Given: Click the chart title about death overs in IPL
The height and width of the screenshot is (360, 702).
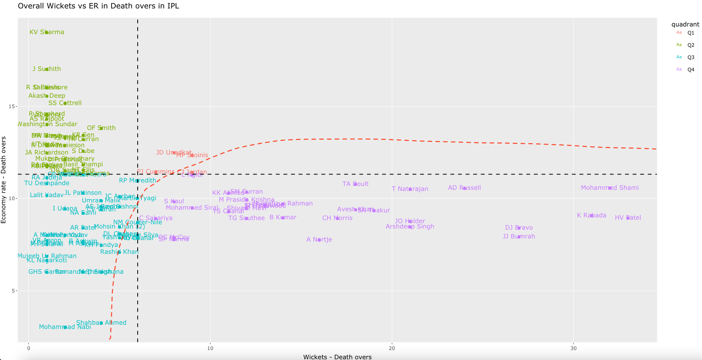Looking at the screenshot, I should (98, 6).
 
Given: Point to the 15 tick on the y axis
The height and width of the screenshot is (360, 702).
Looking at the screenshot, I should (11, 106).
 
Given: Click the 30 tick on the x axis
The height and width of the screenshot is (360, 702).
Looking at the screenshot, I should (573, 348).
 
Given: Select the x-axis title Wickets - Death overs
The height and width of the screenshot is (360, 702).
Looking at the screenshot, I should (337, 357).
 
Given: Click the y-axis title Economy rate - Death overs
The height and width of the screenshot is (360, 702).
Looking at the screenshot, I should (4, 179).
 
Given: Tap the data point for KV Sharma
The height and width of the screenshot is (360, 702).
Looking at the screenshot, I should (47, 32).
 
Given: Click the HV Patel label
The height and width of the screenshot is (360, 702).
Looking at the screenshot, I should (628, 218).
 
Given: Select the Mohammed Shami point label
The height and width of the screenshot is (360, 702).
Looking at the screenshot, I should (610, 188).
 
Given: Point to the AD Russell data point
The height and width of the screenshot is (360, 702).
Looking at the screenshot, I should (465, 188).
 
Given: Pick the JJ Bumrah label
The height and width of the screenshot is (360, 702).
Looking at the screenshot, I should (519, 237).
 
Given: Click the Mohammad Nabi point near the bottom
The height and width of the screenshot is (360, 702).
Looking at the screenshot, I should (65, 327).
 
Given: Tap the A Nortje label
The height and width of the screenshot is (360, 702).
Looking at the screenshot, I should (319, 240).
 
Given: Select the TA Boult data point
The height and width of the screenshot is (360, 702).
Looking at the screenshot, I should (355, 184).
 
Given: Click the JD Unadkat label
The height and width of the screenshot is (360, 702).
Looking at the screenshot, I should (174, 153).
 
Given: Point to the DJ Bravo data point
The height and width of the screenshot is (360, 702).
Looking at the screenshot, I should (519, 228).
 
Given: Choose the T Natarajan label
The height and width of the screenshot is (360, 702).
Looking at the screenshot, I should (410, 189).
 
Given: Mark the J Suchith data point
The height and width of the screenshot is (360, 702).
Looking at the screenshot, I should (47, 69).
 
